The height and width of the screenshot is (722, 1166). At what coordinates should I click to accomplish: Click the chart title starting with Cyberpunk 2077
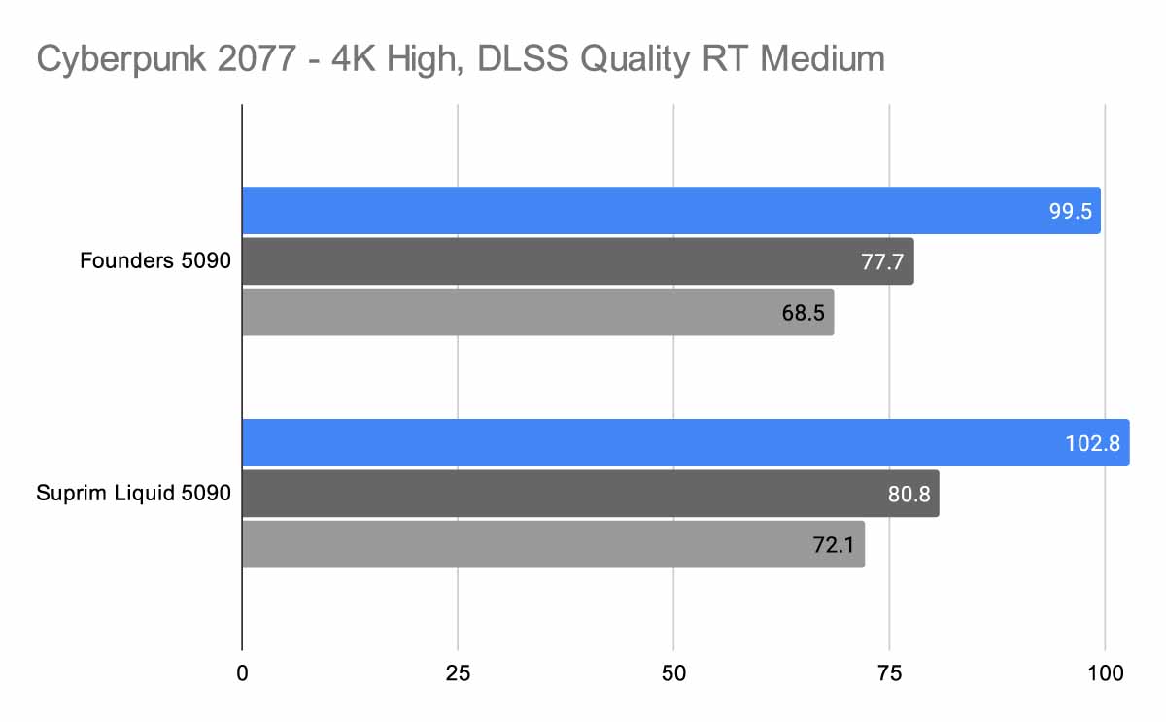point(461,60)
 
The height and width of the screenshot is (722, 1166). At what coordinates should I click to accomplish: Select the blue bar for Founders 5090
point(670,211)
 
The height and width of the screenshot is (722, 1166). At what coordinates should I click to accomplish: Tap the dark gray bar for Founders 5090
point(577,261)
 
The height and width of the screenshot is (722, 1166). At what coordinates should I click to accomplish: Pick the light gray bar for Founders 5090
point(537,312)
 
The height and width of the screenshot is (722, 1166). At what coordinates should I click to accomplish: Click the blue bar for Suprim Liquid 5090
point(685,443)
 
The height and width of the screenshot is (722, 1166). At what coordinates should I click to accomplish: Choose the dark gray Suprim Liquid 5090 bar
point(590,494)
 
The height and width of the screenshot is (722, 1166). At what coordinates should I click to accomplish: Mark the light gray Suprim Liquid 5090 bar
point(552,545)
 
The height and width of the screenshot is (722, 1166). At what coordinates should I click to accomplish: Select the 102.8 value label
point(1093,443)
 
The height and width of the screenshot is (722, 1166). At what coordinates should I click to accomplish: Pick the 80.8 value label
point(909,494)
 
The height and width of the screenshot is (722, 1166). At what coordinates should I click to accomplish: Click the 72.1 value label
point(834,545)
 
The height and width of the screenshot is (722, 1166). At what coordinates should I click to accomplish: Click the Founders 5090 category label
point(155,261)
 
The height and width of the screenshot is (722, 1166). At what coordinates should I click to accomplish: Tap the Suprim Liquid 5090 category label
point(133,494)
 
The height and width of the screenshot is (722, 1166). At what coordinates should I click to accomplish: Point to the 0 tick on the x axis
point(242,671)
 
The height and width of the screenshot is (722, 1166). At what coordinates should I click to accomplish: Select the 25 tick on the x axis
point(458,671)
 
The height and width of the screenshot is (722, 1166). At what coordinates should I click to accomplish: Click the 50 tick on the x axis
point(673,671)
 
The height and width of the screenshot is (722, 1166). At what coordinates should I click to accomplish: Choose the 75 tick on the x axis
point(889,671)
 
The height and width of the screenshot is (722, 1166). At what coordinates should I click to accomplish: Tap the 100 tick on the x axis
point(1105,671)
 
